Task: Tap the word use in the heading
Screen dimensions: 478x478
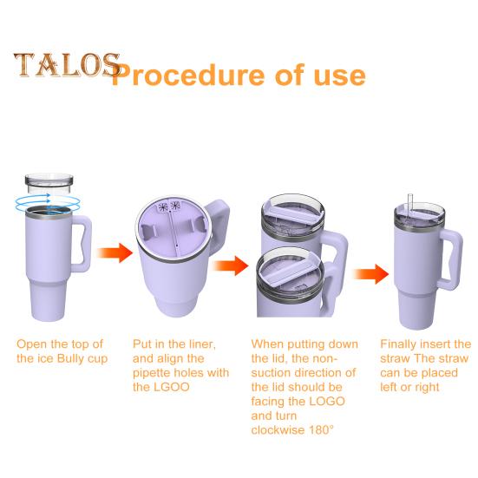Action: pyautogui.click(x=335, y=75)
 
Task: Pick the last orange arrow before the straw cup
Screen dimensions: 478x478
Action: pyautogui.click(x=371, y=274)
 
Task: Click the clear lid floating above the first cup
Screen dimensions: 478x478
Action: pyautogui.click(x=50, y=184)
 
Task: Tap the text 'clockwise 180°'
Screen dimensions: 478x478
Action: pyautogui.click(x=292, y=430)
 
